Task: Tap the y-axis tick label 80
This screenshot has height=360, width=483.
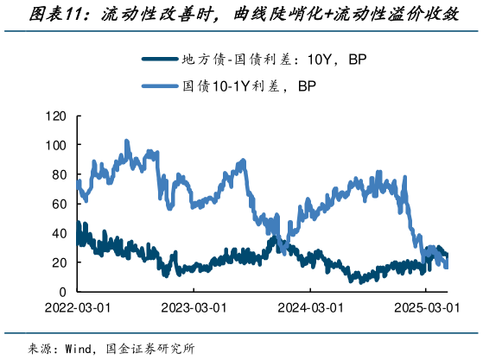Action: pos(58,175)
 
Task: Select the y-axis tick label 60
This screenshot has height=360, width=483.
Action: pos(58,205)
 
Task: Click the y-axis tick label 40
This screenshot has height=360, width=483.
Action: pos(58,234)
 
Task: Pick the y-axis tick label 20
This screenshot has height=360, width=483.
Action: pos(58,262)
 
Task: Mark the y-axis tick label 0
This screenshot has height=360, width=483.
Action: pos(61,292)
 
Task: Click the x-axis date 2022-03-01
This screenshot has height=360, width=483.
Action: pos(79,307)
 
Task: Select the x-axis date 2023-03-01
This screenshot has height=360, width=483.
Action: pos(194,307)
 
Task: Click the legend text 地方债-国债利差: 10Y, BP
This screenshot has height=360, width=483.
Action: pos(281,60)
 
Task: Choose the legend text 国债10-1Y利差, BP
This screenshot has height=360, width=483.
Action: pos(249,85)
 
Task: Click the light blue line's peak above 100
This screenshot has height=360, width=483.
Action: pos(127,141)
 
